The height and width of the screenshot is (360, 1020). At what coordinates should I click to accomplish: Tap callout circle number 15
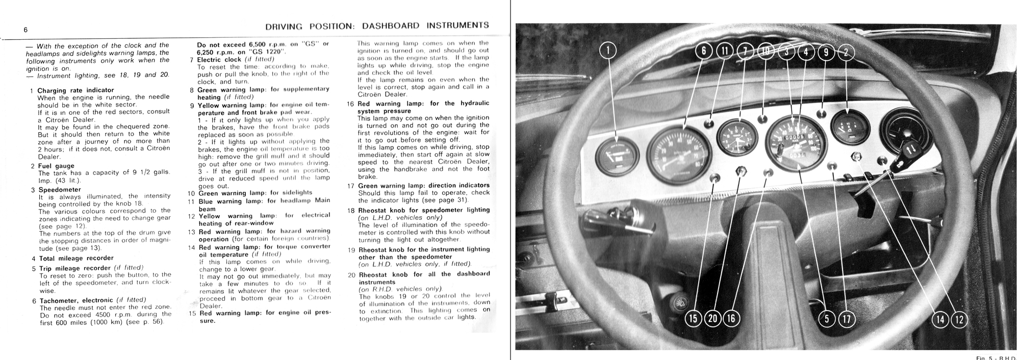(693, 319)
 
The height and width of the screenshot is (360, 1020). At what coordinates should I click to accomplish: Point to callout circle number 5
(827, 319)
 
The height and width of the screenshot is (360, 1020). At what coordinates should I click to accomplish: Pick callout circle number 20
(712, 319)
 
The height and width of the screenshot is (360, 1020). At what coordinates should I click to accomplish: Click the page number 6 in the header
(25, 30)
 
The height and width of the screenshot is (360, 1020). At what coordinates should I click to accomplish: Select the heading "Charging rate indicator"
(75, 90)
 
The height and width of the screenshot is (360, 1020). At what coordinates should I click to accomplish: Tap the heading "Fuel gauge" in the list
(56, 166)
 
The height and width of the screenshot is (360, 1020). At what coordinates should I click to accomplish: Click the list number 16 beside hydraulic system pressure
(351, 104)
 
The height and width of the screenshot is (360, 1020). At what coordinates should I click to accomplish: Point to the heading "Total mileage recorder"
(76, 258)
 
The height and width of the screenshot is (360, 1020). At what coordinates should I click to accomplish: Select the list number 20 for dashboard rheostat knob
(351, 274)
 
